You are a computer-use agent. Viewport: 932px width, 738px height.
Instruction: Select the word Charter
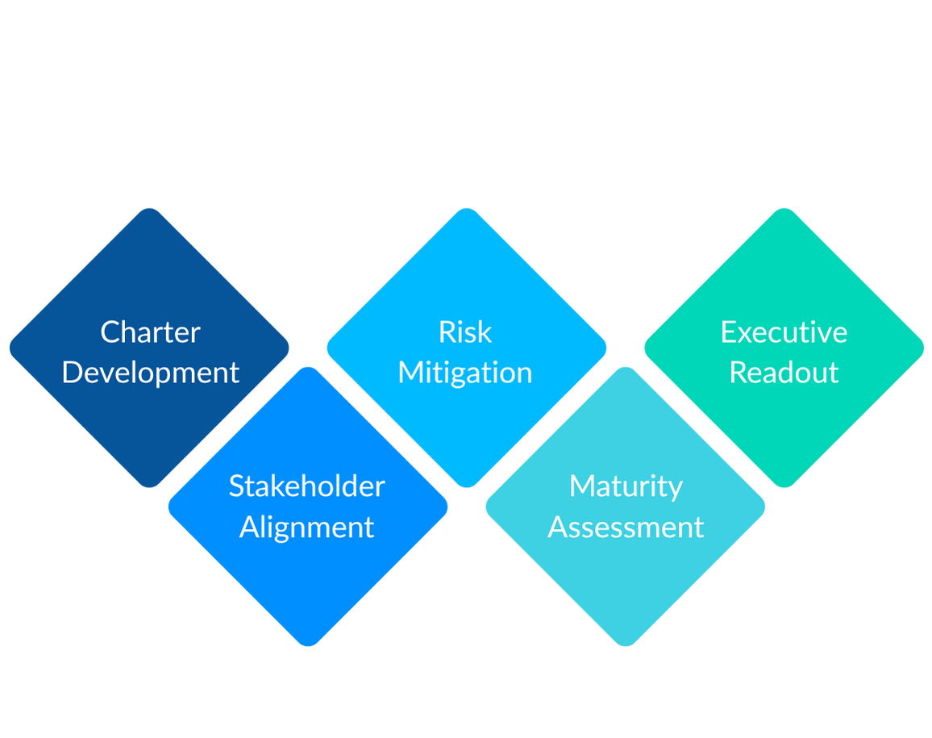click(x=150, y=332)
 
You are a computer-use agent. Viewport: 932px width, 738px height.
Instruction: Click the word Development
click(x=151, y=373)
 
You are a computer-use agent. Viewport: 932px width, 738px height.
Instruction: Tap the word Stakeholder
click(x=306, y=486)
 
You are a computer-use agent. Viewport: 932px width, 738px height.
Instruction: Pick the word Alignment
click(x=306, y=527)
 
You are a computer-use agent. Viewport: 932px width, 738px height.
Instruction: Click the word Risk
click(x=465, y=332)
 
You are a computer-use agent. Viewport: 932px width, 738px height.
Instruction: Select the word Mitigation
click(x=465, y=373)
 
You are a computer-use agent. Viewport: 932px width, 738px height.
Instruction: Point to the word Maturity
click(x=626, y=486)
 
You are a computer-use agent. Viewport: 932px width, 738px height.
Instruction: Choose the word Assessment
click(x=626, y=527)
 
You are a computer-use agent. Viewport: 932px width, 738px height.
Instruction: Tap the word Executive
click(x=784, y=332)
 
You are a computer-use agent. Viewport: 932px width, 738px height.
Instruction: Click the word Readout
click(x=784, y=373)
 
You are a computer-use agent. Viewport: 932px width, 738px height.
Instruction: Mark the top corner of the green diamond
click(x=784, y=209)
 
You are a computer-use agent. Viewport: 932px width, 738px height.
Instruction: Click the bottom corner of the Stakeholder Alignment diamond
click(x=308, y=646)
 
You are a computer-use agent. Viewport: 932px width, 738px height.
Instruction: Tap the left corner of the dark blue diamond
click(x=10, y=348)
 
